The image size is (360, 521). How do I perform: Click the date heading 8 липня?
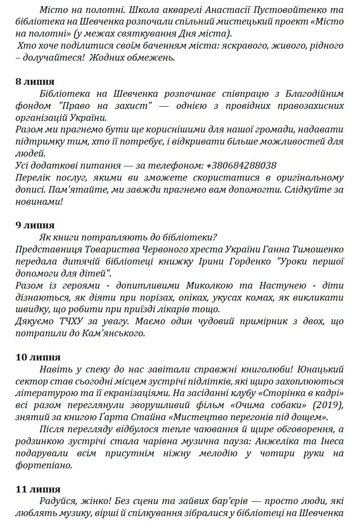click(x=35, y=82)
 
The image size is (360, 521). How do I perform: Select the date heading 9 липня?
click(x=35, y=225)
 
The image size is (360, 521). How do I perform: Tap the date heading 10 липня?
click(x=38, y=357)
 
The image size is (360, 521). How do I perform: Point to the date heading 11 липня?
click(x=38, y=489)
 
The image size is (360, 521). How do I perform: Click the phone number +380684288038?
click(x=241, y=165)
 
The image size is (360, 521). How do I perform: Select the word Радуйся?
click(x=57, y=501)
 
